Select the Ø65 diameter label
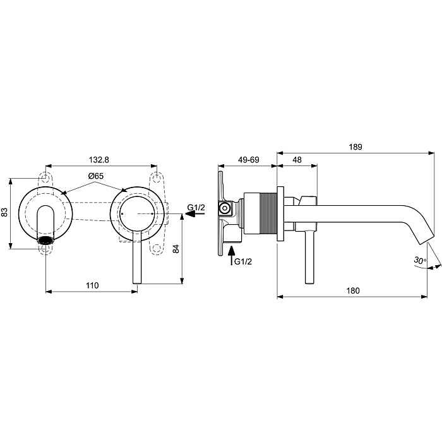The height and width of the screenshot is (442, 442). pos(96,175)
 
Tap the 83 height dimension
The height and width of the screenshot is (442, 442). pos(6,213)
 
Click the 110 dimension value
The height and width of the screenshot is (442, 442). pos(92,285)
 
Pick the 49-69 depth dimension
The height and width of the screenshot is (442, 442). pos(248,160)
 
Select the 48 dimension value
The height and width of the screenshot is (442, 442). pos(297,160)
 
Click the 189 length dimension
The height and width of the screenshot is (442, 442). pos(355,146)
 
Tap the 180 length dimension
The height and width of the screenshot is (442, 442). pos(353,290)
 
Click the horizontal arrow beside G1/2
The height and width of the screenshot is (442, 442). pos(194,215)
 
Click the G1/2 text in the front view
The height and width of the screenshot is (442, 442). pos(196,206)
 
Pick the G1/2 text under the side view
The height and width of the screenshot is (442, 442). pos(242,261)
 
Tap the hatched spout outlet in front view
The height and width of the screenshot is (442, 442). pos(47,241)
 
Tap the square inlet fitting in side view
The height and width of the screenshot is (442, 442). pos(223,208)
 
